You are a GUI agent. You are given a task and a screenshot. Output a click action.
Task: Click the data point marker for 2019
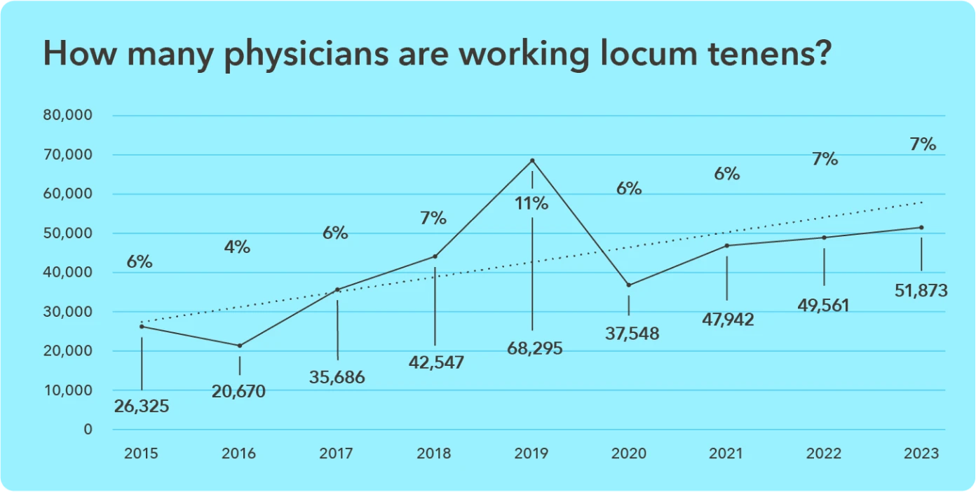(532, 160)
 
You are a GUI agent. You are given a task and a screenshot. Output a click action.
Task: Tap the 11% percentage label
(531, 204)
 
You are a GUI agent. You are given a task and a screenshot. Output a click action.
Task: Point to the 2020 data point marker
(629, 285)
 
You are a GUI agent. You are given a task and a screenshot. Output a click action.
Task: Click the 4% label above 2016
(238, 247)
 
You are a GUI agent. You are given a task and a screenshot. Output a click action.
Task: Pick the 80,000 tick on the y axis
(69, 116)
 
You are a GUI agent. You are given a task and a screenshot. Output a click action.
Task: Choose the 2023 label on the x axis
(921, 453)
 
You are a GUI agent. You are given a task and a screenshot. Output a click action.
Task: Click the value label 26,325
(142, 406)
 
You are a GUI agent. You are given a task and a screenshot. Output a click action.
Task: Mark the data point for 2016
(240, 346)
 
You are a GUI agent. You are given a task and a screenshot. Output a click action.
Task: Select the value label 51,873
(921, 289)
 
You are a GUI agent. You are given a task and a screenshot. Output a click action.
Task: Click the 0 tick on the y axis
(88, 430)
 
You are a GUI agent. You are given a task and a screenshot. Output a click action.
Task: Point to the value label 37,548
(632, 334)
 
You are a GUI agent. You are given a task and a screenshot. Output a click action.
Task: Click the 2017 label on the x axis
(337, 453)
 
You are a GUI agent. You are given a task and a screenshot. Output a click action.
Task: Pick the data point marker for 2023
(921, 227)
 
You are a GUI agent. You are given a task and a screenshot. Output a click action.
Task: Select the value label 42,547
(436, 362)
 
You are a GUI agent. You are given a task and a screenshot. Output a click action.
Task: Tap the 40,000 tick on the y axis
(69, 273)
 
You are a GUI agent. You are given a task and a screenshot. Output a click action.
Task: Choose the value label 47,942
(727, 320)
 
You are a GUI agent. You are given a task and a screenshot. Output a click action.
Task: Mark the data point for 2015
(142, 327)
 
